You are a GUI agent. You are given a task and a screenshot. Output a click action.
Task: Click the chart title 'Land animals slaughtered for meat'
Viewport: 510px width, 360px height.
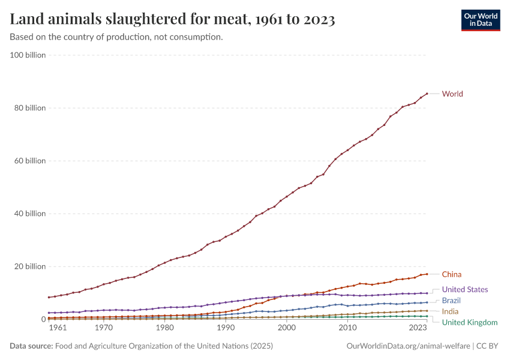point(172,20)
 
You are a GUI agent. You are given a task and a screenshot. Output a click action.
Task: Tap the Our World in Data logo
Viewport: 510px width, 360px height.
point(480,20)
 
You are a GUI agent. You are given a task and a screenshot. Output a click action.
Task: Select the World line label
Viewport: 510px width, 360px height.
point(452,94)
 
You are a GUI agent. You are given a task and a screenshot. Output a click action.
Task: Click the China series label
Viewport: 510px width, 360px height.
point(451,274)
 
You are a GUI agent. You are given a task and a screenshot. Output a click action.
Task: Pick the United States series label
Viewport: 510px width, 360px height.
point(464,289)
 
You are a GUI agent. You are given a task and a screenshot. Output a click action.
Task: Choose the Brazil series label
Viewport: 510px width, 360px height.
point(451,300)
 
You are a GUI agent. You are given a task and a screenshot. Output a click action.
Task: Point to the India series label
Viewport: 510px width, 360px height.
point(451,311)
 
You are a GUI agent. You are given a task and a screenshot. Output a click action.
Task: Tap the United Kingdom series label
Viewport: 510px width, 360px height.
point(469,322)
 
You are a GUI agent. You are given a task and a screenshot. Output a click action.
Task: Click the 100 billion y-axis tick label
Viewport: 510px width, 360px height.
point(28,55)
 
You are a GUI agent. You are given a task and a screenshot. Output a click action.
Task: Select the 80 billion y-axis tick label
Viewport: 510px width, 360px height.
point(30,108)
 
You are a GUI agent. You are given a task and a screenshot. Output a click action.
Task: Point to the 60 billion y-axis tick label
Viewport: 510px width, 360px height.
point(30,161)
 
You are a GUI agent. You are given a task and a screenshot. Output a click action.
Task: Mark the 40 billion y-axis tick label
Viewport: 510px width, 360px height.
point(30,214)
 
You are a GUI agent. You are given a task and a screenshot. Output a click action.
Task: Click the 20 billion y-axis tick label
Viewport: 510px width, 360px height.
point(30,266)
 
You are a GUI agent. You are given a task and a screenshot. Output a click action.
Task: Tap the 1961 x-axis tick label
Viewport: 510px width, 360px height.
point(58,328)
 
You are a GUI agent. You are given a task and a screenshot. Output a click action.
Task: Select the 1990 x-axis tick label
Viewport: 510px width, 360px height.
point(226,328)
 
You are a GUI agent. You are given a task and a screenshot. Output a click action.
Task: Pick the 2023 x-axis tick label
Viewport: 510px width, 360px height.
point(418,328)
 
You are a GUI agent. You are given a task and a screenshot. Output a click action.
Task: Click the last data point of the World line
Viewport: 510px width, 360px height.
point(427,94)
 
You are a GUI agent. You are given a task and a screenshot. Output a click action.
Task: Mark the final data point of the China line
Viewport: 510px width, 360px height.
point(427,274)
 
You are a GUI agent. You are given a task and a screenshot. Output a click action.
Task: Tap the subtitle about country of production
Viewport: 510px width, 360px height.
point(116,37)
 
